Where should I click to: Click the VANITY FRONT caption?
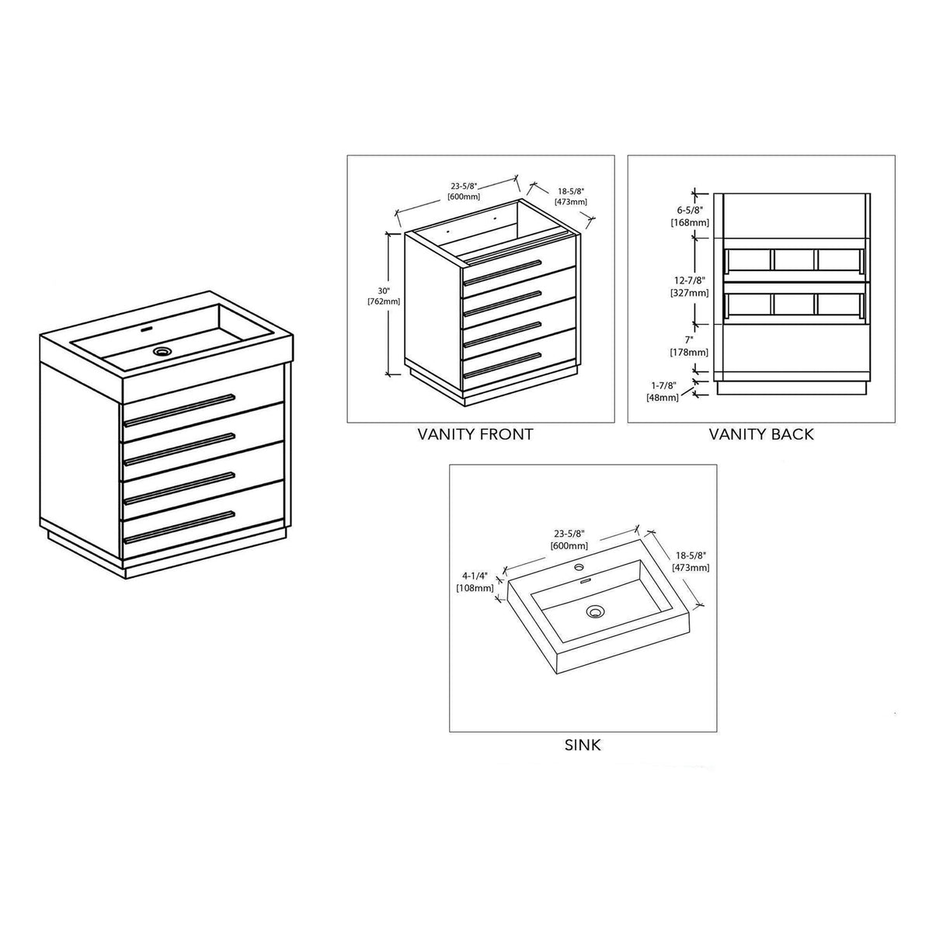pos(475,434)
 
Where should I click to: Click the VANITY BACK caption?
pos(760,434)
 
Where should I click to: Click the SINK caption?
pos(582,745)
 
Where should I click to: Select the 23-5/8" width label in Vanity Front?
pos(463,191)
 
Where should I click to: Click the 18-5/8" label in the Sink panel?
pos(691,562)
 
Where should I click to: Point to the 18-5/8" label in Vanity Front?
pos(569,196)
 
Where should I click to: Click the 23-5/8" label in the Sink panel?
pos(568,540)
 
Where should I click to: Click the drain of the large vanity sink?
pos(162,352)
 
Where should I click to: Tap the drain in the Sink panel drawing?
pos(596,611)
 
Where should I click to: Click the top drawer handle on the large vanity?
pos(179,409)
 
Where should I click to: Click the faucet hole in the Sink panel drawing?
pos(579,568)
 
